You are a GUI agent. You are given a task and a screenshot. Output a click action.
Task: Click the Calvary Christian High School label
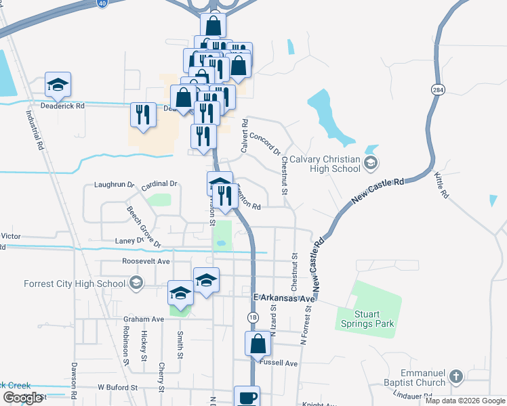(x=324, y=164)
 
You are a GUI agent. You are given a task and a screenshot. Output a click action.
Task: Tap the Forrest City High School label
(x=74, y=284)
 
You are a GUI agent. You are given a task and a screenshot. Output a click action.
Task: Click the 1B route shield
(x=253, y=317)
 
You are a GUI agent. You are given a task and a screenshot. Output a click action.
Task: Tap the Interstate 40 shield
(x=102, y=3)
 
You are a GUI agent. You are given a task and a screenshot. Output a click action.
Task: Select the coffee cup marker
(x=247, y=397)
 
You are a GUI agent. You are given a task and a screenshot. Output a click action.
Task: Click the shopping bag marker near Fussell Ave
(x=258, y=343)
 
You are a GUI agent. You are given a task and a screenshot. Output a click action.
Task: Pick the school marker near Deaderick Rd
(x=58, y=84)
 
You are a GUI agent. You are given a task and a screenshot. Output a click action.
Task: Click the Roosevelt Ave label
(x=146, y=261)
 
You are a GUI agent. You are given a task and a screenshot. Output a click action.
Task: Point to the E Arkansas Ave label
(x=285, y=298)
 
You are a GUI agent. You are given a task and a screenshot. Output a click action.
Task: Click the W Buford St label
(x=117, y=388)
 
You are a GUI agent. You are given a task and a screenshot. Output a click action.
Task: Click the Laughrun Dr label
(x=115, y=184)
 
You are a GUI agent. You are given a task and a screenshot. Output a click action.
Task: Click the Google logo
(x=22, y=398)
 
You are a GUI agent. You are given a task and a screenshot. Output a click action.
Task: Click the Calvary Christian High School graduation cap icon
(x=371, y=162)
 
